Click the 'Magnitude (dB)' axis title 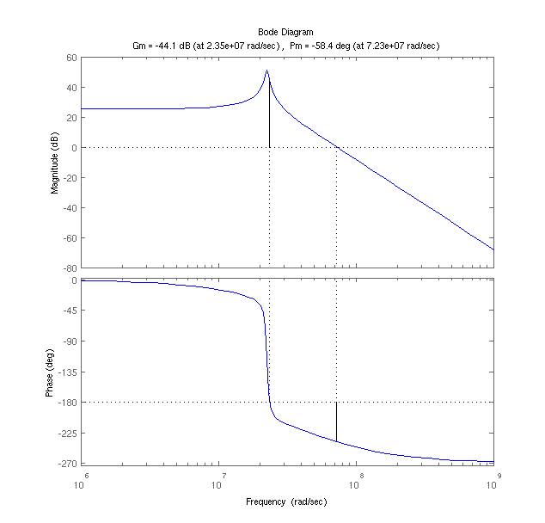click(x=55, y=163)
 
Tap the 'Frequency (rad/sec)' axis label click(x=286, y=501)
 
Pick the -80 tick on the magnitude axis click(x=70, y=268)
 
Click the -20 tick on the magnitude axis click(x=70, y=178)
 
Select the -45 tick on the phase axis click(x=69, y=311)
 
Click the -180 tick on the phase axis click(x=67, y=403)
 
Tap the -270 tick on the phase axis click(x=67, y=465)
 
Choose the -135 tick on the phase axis click(x=67, y=372)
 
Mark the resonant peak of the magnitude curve click(x=267, y=71)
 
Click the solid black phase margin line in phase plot click(x=336, y=421)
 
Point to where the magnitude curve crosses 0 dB click(x=336, y=147)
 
